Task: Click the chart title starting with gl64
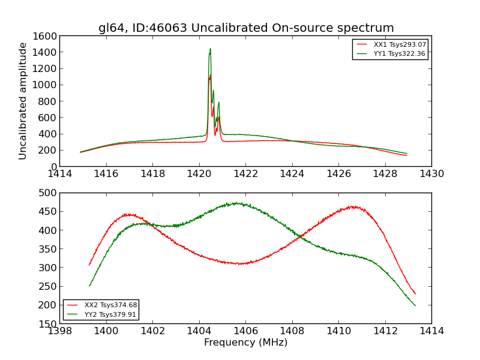point(246,28)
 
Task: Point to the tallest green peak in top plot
point(210,49)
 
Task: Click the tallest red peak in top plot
point(209,75)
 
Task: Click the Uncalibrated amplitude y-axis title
point(23,101)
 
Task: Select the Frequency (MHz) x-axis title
point(245,343)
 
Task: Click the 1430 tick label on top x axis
point(431,174)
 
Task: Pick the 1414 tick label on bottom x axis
point(431,331)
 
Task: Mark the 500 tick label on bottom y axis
point(48,193)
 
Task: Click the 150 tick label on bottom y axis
point(48,324)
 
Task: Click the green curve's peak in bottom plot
point(238,203)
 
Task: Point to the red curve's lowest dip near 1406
point(240,263)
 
